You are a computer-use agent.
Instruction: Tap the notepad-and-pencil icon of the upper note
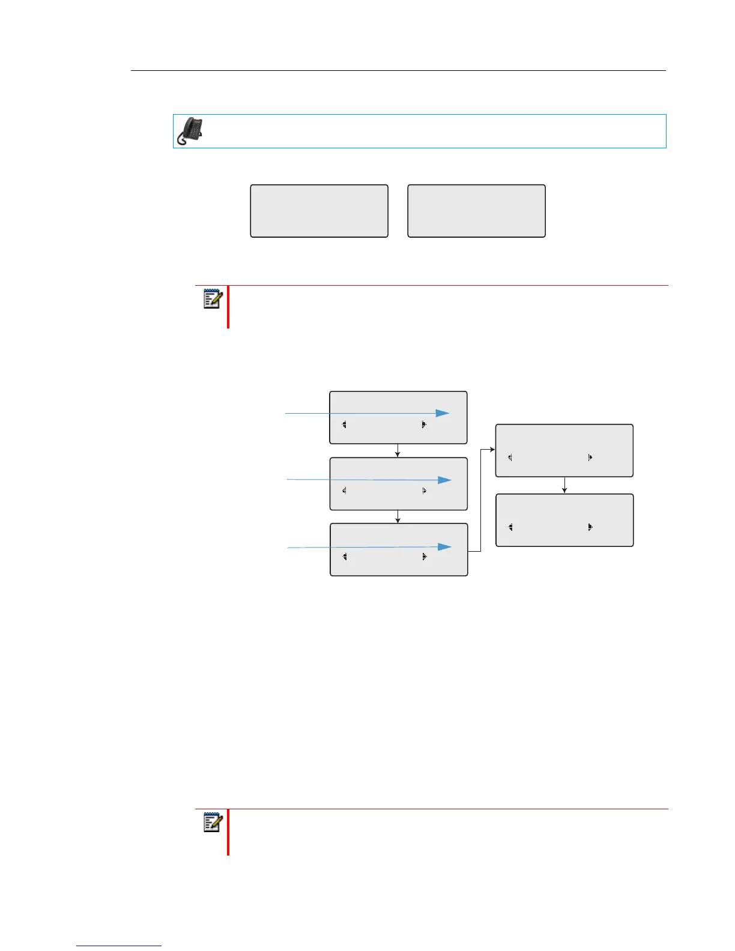click(213, 299)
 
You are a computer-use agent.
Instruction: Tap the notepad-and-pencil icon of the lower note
click(213, 822)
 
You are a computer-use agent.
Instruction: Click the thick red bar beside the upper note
click(228, 307)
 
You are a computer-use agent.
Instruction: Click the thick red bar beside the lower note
click(228, 832)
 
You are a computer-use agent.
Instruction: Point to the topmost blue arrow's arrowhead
click(443, 413)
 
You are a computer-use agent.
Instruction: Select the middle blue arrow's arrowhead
click(444, 480)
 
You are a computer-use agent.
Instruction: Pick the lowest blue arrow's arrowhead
click(444, 546)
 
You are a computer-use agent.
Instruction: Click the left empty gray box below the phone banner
click(319, 211)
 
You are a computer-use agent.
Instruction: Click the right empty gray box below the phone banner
click(476, 211)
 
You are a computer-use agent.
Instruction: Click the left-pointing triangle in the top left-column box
click(344, 424)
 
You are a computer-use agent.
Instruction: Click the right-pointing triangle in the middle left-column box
click(424, 491)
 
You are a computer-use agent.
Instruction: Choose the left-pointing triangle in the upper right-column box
click(510, 457)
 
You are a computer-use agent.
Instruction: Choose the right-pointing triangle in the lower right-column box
click(590, 527)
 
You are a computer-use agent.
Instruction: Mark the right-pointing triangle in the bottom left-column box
click(424, 557)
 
